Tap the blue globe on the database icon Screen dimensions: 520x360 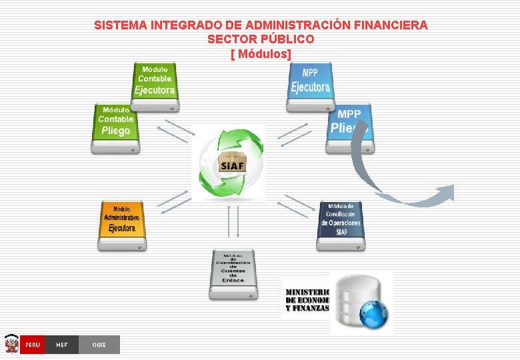(373, 312)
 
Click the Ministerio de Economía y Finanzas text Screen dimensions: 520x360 (307, 299)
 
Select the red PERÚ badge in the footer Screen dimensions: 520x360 (33, 345)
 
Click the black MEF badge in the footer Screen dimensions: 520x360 (61, 345)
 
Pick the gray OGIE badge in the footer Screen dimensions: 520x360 (99, 345)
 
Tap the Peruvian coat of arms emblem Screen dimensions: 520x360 (11, 344)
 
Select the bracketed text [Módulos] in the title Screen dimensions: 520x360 (261, 53)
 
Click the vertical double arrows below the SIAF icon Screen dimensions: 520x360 (233, 221)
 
